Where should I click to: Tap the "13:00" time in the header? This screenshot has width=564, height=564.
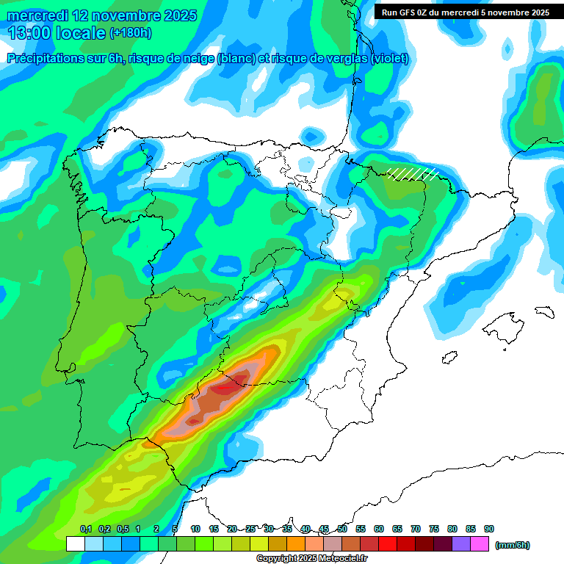29,33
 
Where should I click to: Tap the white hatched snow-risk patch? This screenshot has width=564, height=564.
413,173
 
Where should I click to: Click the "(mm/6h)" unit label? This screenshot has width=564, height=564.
513,544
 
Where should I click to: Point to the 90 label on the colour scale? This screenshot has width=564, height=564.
489,529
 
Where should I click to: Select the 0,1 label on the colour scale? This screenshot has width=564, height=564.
85,529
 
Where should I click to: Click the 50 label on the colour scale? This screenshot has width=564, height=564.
342,529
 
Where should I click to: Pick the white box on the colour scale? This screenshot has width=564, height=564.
75,544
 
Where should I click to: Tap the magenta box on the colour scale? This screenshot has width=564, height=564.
480,544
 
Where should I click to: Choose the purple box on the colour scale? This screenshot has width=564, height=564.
461,544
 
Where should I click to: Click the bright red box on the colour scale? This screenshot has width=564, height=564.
388,544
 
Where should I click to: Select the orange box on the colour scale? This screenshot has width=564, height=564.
296,544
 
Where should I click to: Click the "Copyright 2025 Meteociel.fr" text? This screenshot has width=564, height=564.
311,559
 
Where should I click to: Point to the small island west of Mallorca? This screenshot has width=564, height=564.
451,358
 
